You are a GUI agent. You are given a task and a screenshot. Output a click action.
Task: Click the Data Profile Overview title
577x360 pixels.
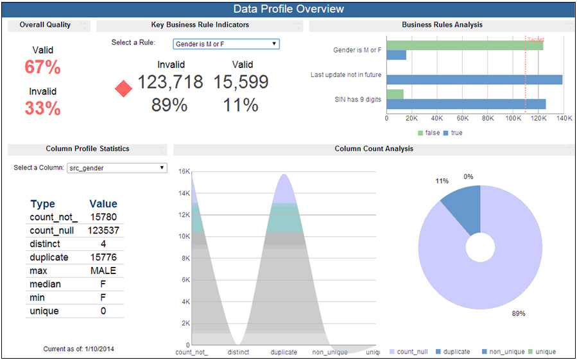click(x=288, y=9)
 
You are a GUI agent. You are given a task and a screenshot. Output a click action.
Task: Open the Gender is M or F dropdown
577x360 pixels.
click(x=226, y=44)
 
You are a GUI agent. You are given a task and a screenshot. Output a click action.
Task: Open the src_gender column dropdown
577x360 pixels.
click(x=117, y=168)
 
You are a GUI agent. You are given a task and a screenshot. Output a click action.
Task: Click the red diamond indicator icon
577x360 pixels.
click(x=123, y=89)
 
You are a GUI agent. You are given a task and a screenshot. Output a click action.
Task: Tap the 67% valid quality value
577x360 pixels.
click(x=42, y=67)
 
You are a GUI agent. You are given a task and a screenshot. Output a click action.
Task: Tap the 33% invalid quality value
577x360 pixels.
click(x=42, y=108)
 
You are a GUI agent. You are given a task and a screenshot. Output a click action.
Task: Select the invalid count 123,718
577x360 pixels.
click(x=170, y=82)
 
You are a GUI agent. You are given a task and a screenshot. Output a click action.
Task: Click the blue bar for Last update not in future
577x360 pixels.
click(x=474, y=80)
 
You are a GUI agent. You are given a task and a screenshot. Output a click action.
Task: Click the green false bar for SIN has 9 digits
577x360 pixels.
click(x=395, y=94)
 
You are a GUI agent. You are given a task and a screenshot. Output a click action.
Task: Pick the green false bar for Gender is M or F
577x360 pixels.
click(x=465, y=45)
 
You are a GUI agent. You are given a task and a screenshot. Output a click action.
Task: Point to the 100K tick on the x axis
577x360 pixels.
click(x=513, y=119)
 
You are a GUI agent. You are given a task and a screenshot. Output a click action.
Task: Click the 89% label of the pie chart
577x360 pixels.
click(x=519, y=313)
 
